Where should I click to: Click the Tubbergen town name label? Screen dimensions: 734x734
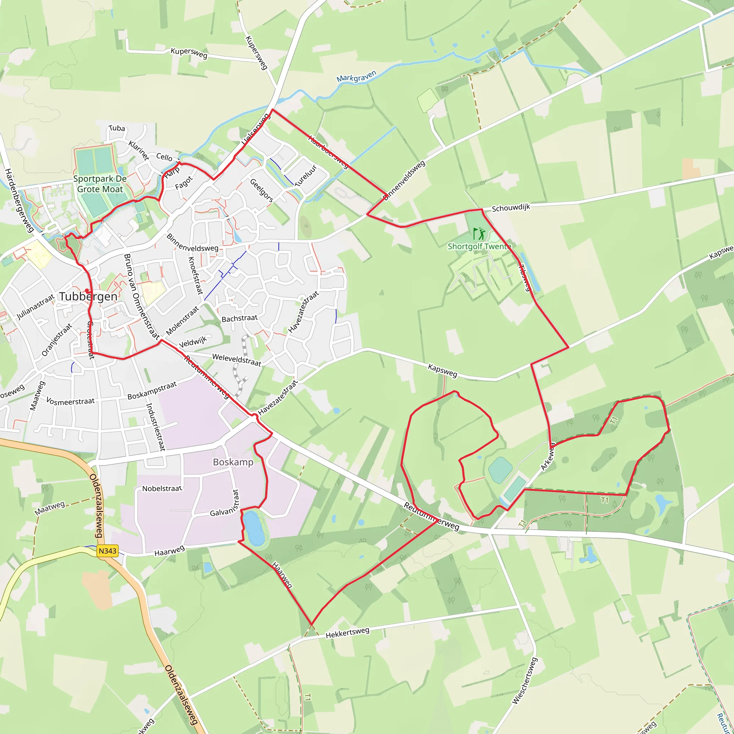[88, 296]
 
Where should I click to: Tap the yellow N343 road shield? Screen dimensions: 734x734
[108, 551]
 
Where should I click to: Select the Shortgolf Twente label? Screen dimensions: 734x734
[480, 247]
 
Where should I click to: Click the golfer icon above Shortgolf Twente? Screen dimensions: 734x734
[480, 233]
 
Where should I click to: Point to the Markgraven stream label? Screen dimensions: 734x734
[356, 76]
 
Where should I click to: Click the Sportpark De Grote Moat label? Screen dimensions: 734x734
[100, 184]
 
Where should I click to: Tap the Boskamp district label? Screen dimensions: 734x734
[233, 462]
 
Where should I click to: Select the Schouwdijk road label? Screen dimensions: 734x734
[511, 208]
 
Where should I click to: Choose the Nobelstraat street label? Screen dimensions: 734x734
[162, 488]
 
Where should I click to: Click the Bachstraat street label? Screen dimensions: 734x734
[239, 318]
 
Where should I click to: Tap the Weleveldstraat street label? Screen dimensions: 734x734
[237, 360]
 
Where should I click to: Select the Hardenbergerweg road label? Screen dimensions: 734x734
[19, 200]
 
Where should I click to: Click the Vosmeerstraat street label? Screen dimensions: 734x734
[70, 401]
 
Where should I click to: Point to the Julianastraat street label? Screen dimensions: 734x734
[35, 307]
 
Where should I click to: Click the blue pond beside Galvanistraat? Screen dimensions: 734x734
[254, 528]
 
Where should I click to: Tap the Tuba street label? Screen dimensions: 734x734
[116, 128]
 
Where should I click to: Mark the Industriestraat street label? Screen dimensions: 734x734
[156, 426]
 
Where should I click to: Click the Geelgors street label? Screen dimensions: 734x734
[261, 190]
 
